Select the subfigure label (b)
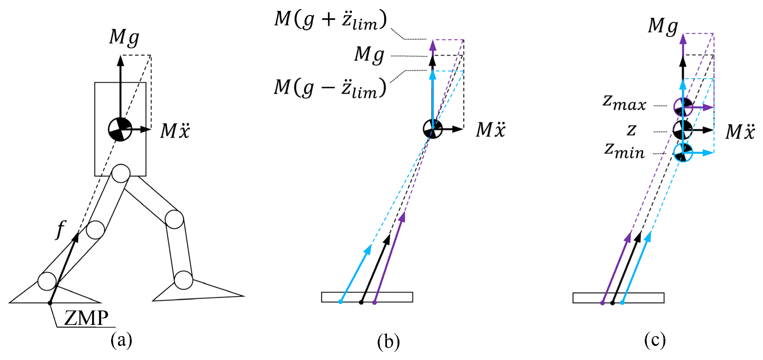(x=388, y=342)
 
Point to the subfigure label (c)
(x=655, y=341)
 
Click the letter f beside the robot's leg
(x=61, y=230)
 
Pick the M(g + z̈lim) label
(x=330, y=20)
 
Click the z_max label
(x=624, y=104)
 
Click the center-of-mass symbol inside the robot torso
(x=120, y=129)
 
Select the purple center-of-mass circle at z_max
(x=683, y=107)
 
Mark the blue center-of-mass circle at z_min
(x=683, y=153)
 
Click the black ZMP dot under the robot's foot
(x=50, y=303)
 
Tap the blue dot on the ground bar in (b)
(x=340, y=302)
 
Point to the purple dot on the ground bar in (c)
(x=602, y=303)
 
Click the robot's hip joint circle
(x=121, y=174)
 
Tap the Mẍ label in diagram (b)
(x=491, y=129)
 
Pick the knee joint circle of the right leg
(x=174, y=219)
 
